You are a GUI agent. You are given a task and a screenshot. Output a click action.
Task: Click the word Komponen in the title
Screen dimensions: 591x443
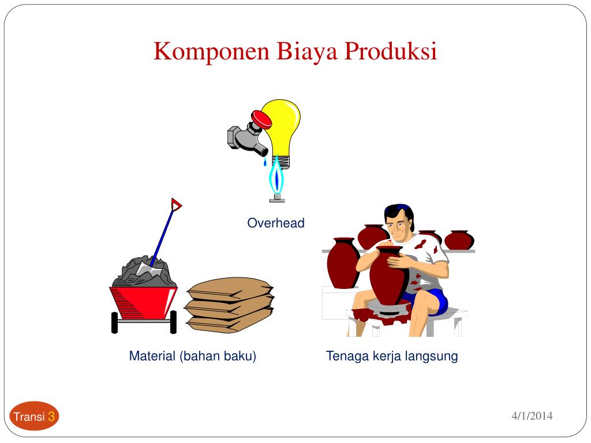pyautogui.click(x=211, y=51)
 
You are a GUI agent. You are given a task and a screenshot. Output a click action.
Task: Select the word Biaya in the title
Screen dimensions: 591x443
pyautogui.click(x=307, y=52)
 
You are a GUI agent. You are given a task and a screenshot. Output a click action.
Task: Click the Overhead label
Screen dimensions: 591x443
pyautogui.click(x=276, y=223)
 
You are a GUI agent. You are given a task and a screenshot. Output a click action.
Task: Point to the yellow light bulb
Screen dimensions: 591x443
pyautogui.click(x=282, y=130)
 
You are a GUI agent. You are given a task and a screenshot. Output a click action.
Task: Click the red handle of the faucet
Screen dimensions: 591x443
pyautogui.click(x=261, y=119)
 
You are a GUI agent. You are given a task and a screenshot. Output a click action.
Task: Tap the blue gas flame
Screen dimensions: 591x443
pyautogui.click(x=277, y=177)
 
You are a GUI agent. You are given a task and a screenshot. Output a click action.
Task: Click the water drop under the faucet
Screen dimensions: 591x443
pyautogui.click(x=264, y=162)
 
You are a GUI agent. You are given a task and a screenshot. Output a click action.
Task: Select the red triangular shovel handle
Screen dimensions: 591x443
pyautogui.click(x=176, y=205)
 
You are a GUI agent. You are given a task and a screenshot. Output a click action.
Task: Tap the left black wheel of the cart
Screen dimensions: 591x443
pyautogui.click(x=115, y=322)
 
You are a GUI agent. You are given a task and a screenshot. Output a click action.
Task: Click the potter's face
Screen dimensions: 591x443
pyautogui.click(x=398, y=225)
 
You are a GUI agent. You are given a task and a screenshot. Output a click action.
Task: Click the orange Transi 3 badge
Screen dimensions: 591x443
pyautogui.click(x=34, y=416)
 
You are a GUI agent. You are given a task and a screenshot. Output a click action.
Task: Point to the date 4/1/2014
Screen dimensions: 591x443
pyautogui.click(x=532, y=416)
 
